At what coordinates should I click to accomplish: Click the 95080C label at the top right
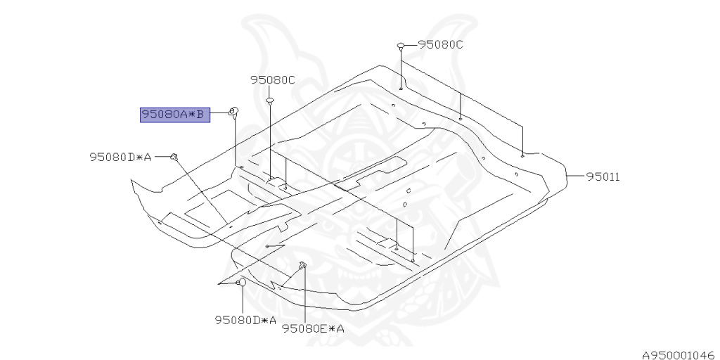(441, 44)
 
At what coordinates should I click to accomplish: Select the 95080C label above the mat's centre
(273, 80)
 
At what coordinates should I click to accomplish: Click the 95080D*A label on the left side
(120, 157)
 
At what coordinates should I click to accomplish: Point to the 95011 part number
(603, 176)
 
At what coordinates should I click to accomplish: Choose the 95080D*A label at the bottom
(245, 321)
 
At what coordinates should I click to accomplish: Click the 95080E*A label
(313, 328)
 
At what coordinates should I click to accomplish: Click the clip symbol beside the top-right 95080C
(401, 46)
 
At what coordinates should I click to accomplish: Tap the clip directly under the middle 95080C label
(269, 101)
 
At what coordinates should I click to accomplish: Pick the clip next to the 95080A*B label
(234, 111)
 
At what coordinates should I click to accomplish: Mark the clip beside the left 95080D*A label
(174, 156)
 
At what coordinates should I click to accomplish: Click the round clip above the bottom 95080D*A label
(241, 282)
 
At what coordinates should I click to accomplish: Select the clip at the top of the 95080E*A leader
(303, 265)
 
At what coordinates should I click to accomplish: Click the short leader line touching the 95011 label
(577, 176)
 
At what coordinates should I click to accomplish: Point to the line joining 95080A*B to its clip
(220, 113)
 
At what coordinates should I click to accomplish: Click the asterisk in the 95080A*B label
(190, 114)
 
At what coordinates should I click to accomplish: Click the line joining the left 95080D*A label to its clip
(162, 156)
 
